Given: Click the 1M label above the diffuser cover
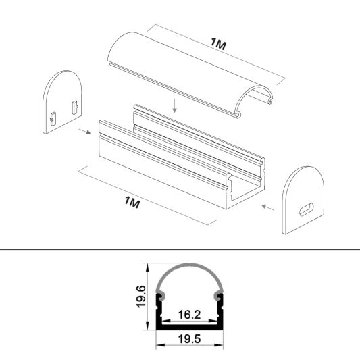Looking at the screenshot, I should [218, 44].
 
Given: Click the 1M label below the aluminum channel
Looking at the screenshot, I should [133, 202].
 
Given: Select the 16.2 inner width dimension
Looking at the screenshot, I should [189, 314].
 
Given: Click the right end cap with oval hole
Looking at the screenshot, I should [305, 201].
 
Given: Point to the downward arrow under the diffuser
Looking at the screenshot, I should [174, 105].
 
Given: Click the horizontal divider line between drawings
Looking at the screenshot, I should [180, 248].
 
